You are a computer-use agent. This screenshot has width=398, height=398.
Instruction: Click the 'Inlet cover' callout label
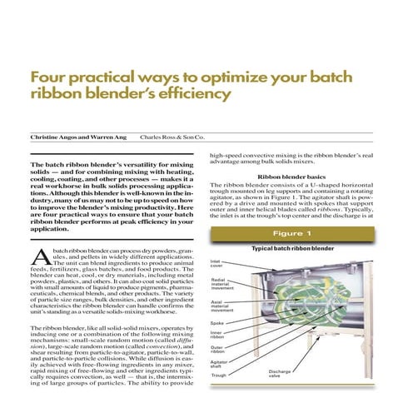[217, 265]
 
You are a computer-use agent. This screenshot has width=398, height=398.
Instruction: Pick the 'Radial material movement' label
[221, 285]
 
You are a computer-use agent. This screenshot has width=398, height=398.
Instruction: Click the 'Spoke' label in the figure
[218, 323]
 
